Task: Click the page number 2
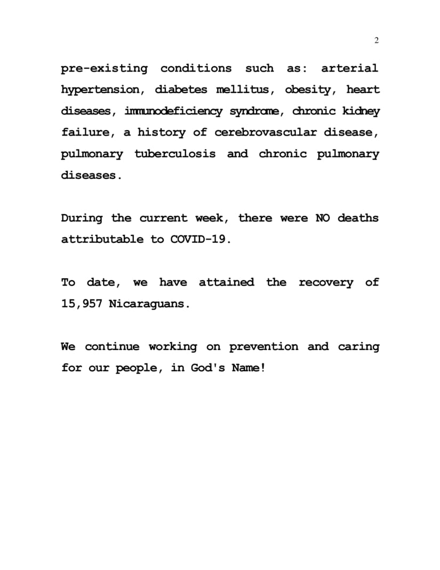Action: click(377, 41)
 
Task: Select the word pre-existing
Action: click(105, 68)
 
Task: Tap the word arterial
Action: click(349, 68)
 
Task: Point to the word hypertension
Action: click(101, 90)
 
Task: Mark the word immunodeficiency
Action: click(173, 111)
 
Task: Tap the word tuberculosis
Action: click(175, 154)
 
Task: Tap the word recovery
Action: click(325, 282)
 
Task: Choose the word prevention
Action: click(263, 346)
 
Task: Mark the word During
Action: click(82, 218)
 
